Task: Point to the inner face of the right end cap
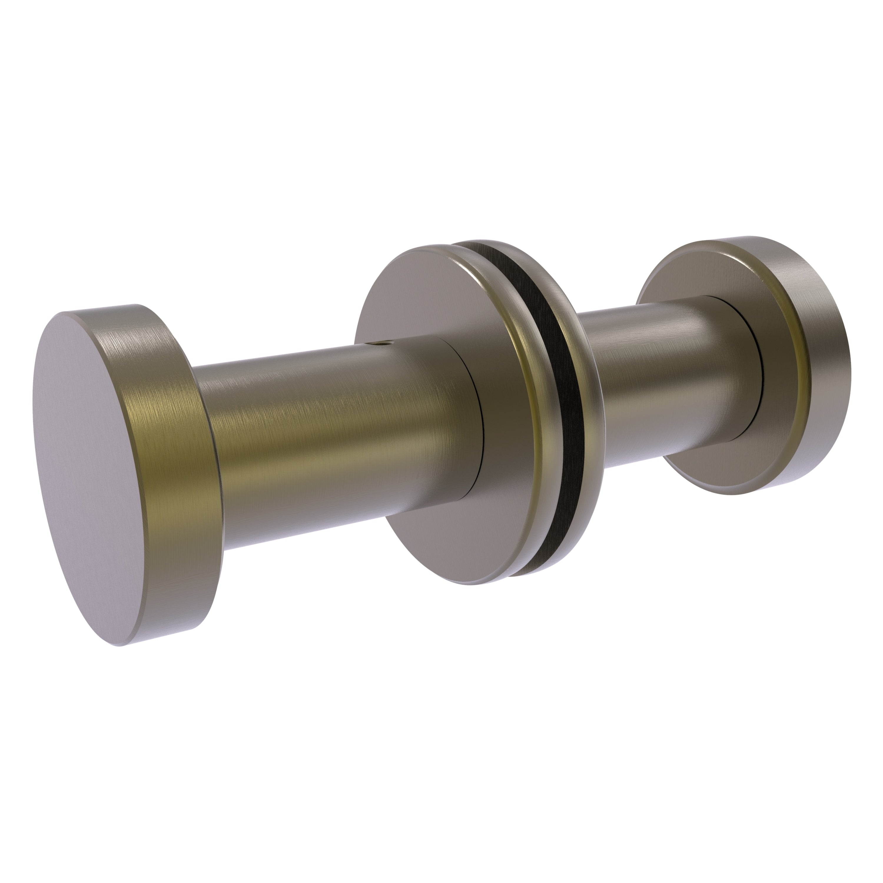click(777, 411)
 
